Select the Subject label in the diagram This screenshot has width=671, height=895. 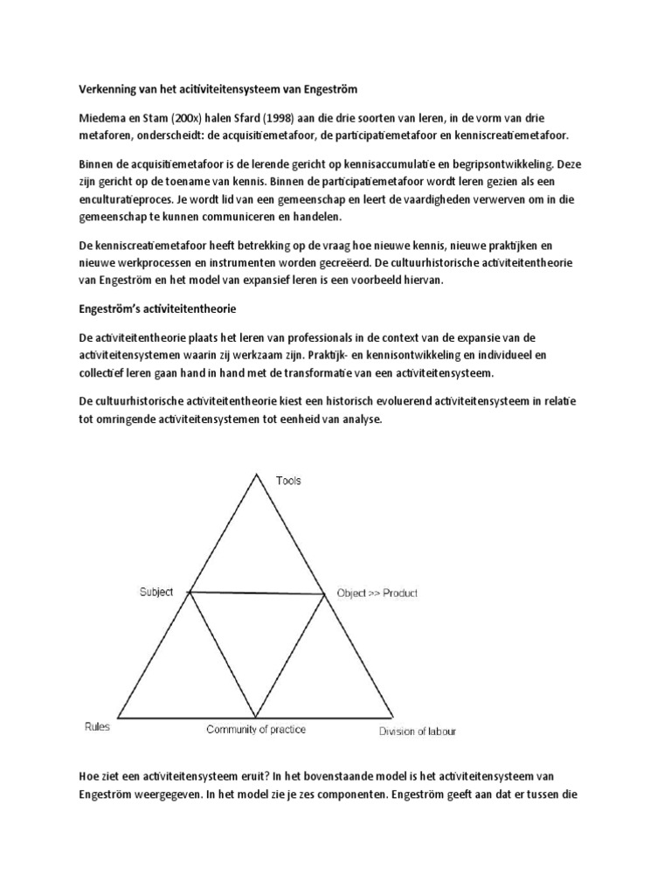(156, 592)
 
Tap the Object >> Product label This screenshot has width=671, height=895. (377, 593)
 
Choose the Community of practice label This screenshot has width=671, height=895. (256, 729)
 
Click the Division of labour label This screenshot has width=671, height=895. (417, 732)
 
